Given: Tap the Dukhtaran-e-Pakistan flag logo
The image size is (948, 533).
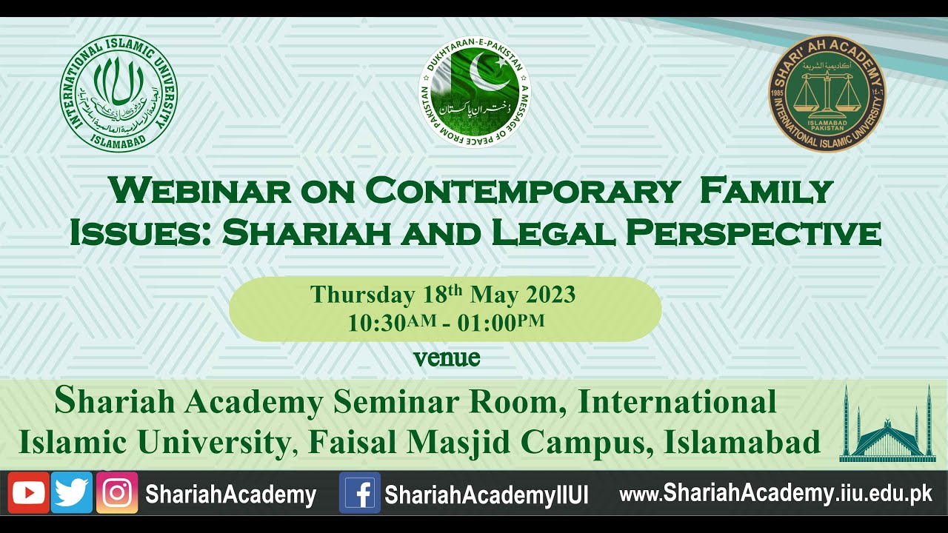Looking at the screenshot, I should coord(475,93).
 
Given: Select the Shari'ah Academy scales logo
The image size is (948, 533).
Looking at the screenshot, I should coord(827,93).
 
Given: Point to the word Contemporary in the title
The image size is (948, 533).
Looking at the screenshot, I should coord(522,191).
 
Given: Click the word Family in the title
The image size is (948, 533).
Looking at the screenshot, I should coord(767,191).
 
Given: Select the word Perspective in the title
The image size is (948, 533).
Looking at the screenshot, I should coord(753,232).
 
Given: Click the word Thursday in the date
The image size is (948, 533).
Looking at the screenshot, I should coord(362,295).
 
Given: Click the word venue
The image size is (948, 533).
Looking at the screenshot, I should coord(447,358).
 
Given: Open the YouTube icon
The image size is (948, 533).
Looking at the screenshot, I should coord(29,493).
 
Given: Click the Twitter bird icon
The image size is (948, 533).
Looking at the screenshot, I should coord(72,493).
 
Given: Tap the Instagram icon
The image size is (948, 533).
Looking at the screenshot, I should coord(117,493).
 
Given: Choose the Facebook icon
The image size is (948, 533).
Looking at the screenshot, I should coord(360,493).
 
